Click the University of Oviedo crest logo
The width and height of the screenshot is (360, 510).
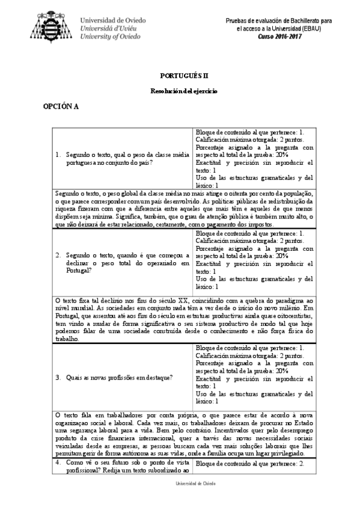53,27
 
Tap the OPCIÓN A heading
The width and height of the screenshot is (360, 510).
61,106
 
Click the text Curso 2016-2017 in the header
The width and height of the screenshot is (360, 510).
279,36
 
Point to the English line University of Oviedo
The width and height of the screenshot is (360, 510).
110,36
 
